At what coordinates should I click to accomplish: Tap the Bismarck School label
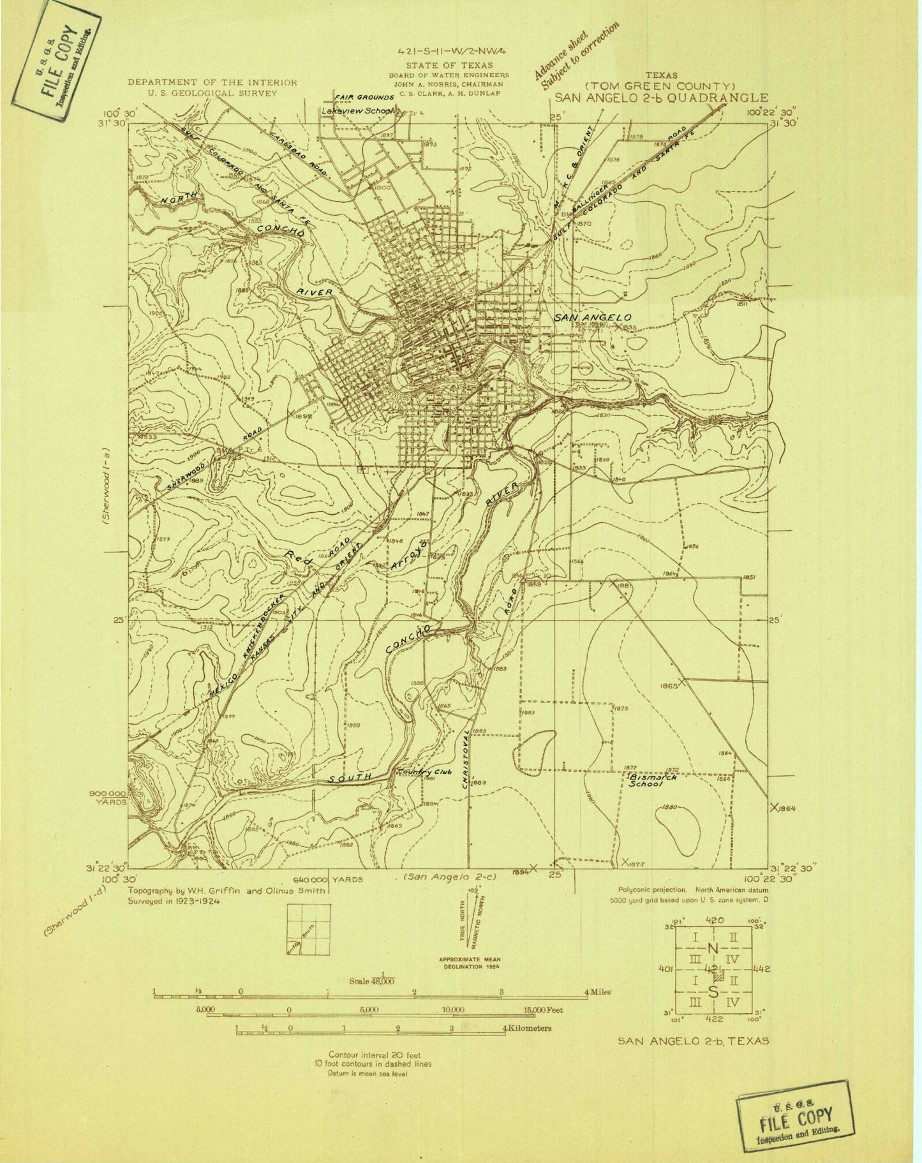click(652, 782)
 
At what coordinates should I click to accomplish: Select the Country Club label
click(424, 772)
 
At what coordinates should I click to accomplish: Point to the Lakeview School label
click(357, 110)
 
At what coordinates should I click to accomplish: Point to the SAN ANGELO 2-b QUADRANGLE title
click(661, 98)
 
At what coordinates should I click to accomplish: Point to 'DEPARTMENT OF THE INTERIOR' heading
click(212, 82)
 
